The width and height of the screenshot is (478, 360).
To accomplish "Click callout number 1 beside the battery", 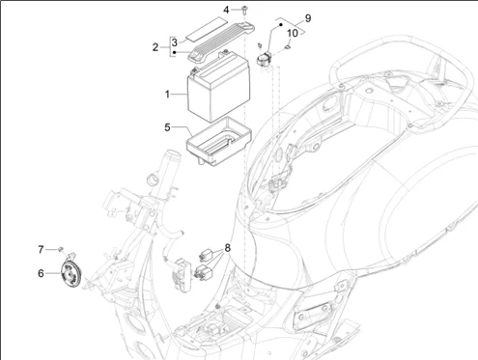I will (167, 94).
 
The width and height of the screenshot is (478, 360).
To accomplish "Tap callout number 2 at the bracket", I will (154, 47).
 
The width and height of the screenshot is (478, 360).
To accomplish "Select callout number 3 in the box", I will (174, 42).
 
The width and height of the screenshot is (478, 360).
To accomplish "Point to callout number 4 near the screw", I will (227, 10).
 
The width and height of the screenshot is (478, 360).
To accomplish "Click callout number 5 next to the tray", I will (167, 127).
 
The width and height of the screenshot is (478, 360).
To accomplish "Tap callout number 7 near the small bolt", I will (42, 249).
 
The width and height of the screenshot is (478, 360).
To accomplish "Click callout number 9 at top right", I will (281, 18).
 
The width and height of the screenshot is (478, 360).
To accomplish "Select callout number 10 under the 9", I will (293, 33).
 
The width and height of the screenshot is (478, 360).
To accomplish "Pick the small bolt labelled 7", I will (61, 248).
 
